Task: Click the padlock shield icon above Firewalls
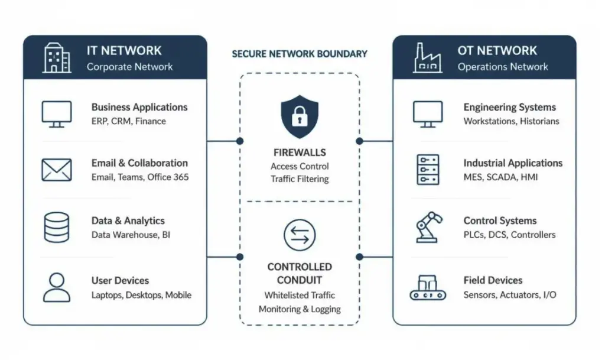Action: tap(300, 116)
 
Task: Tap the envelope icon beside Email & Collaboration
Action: tap(57, 170)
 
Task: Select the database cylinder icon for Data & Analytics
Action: tap(57, 227)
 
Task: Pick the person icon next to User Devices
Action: tap(57, 287)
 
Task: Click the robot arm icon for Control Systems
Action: tap(428, 227)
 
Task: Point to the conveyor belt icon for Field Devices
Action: tap(428, 288)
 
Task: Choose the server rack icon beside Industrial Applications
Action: tap(428, 170)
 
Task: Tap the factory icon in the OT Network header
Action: tap(428, 58)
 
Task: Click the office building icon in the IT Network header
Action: tap(57, 58)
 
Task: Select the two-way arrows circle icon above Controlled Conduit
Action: tap(300, 235)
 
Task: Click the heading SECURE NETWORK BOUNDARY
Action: tap(300, 54)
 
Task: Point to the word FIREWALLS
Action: tap(300, 153)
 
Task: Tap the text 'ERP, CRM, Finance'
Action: tap(128, 121)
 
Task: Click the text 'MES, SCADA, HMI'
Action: tap(500, 177)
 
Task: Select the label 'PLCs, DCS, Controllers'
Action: tap(509, 235)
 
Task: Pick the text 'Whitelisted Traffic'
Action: tap(300, 295)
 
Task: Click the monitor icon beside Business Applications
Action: tap(57, 114)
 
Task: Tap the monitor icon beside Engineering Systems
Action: tap(428, 114)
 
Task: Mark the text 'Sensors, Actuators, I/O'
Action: tap(510, 295)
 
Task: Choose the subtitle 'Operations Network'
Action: tap(503, 67)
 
